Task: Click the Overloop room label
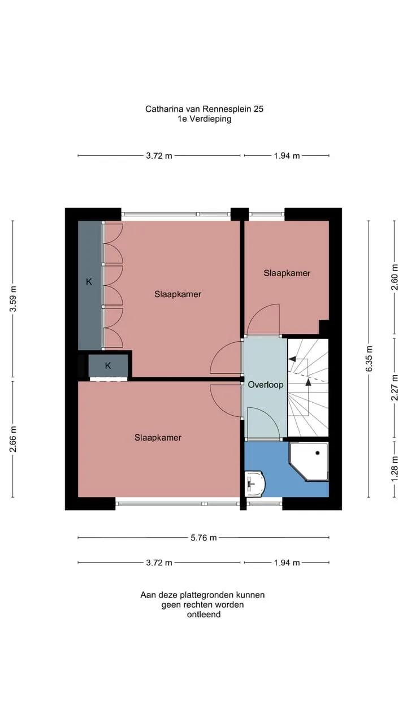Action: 266,385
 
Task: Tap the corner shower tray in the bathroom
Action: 309,461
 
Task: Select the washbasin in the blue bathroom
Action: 255,484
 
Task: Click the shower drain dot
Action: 318,453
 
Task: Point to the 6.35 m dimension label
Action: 369,359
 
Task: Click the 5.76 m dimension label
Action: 203,538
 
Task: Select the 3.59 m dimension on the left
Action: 13,299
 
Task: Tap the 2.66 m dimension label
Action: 13,439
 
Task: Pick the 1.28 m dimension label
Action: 395,469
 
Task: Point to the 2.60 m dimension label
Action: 395,277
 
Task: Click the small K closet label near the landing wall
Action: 108,365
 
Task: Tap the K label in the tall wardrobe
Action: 89,282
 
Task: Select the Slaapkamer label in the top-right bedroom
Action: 287,273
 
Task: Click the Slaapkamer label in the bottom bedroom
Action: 158,438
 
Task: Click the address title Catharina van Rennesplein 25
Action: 204,109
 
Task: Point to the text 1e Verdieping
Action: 204,119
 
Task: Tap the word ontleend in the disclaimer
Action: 203,615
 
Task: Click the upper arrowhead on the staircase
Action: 292,359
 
